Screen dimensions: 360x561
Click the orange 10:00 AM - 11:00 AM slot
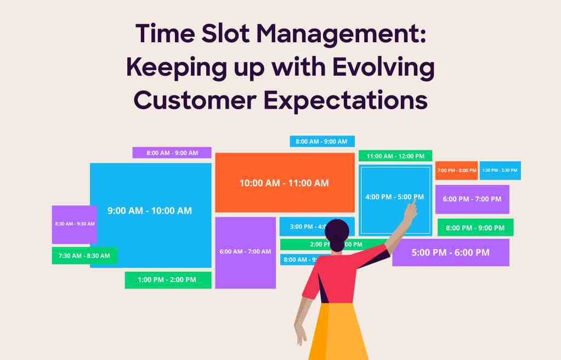coord(284,183)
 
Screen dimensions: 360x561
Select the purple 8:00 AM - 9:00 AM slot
coord(172,153)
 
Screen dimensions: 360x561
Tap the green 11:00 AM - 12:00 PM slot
coord(395,156)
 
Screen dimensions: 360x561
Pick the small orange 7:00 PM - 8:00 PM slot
coord(456,170)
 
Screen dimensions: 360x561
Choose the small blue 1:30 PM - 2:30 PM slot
coord(500,170)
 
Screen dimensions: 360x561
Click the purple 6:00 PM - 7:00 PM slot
coord(472,199)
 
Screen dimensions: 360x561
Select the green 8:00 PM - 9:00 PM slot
coord(475,227)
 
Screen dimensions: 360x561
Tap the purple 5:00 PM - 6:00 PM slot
coord(450,252)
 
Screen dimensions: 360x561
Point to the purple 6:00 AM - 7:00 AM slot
coord(245,252)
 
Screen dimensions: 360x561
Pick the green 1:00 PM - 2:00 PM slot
coord(167,280)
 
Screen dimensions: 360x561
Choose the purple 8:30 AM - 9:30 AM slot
coord(74,224)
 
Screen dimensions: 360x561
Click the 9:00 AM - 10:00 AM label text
coord(150,211)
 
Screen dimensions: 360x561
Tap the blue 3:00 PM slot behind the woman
coord(301,226)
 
